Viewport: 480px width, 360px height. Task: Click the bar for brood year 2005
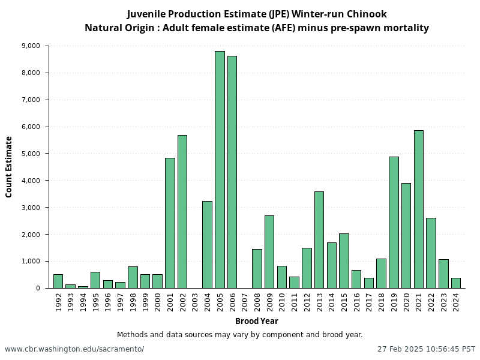pyautogui.click(x=220, y=169)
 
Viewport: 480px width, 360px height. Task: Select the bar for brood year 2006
pyautogui.click(x=232, y=172)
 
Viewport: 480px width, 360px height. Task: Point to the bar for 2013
pyautogui.click(x=319, y=239)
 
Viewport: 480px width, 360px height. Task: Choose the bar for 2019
pyautogui.click(x=394, y=222)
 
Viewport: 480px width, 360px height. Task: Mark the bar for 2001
pyautogui.click(x=170, y=223)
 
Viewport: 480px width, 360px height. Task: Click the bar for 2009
pyautogui.click(x=269, y=251)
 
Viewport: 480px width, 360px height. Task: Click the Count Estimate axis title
pyautogui.click(x=9, y=167)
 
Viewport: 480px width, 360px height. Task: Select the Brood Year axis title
pyautogui.click(x=256, y=321)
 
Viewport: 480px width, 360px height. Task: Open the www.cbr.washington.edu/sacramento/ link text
pyautogui.click(x=74, y=349)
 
